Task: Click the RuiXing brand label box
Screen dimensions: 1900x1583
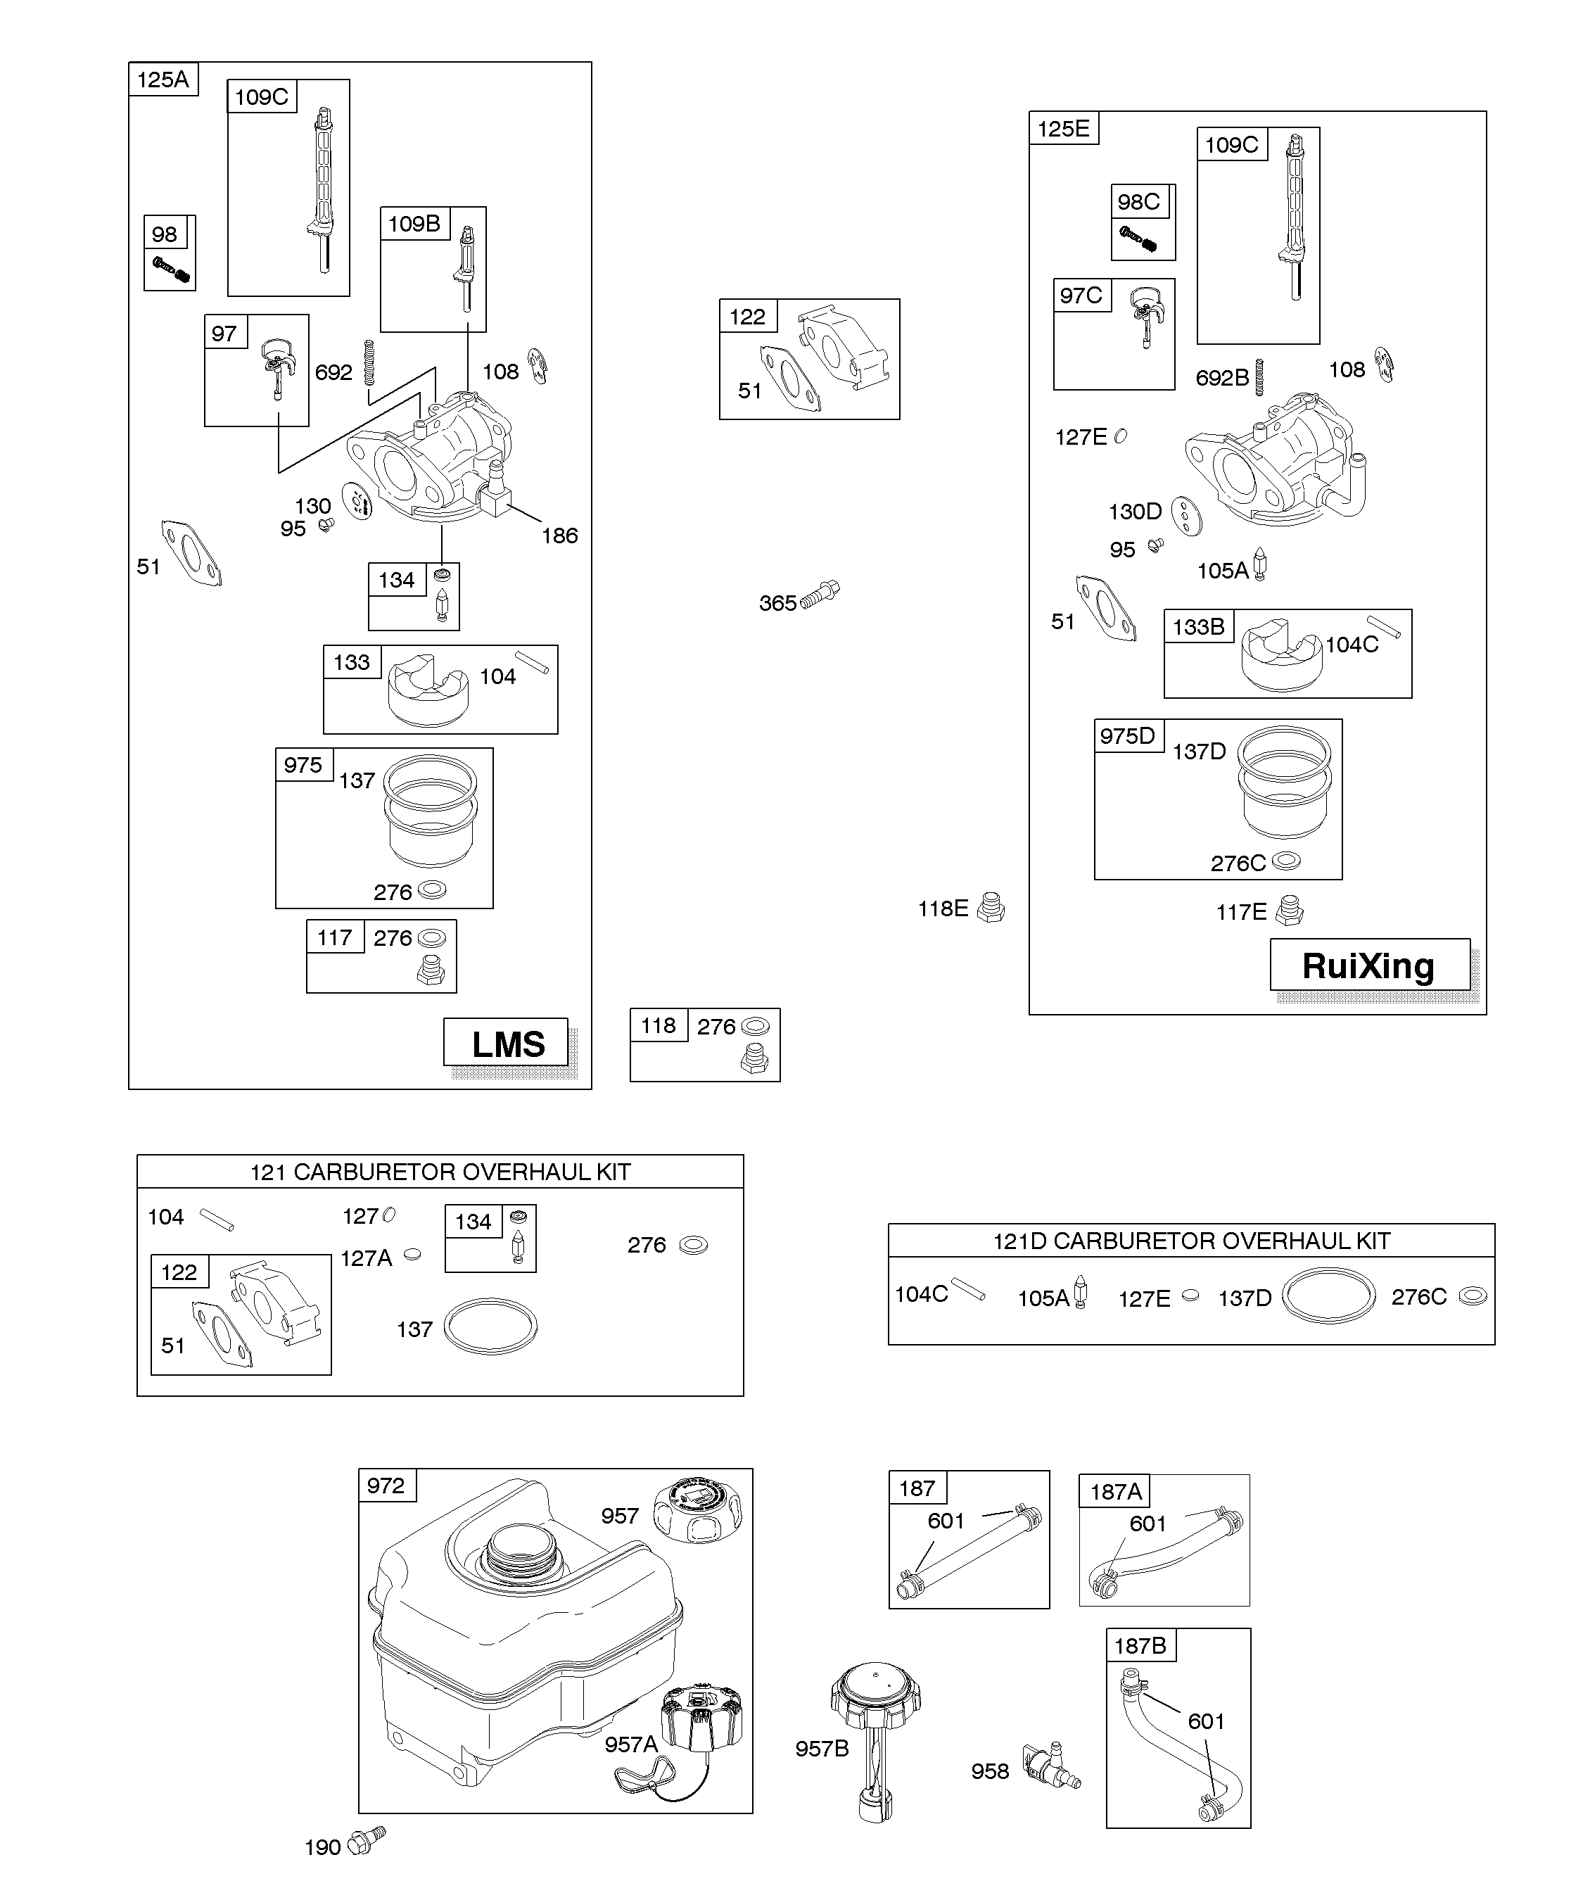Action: [x=1368, y=965]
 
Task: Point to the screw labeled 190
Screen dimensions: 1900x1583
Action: [x=367, y=1841]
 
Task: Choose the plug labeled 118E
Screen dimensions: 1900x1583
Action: [x=991, y=908]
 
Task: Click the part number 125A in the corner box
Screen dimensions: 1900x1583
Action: [x=163, y=80]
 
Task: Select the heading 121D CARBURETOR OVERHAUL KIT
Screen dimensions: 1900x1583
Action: [x=1190, y=1241]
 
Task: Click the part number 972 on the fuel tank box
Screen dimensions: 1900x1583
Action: [x=386, y=1486]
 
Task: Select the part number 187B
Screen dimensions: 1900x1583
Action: [x=1140, y=1646]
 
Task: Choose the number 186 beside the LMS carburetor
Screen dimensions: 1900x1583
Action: [x=559, y=536]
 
